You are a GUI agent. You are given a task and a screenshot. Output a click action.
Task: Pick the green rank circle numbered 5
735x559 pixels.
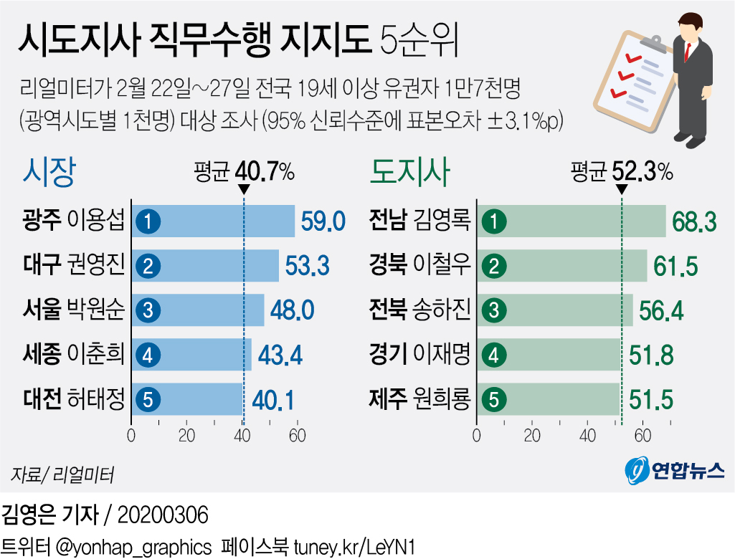(x=493, y=400)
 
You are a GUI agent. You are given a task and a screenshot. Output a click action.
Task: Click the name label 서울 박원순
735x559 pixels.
(x=74, y=311)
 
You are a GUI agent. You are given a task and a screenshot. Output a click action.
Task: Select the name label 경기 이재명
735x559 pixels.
(x=419, y=355)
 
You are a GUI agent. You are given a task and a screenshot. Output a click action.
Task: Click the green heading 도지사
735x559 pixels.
(x=409, y=173)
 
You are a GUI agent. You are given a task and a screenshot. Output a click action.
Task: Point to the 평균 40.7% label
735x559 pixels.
(x=244, y=172)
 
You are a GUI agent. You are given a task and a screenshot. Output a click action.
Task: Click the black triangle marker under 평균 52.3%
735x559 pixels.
(x=622, y=190)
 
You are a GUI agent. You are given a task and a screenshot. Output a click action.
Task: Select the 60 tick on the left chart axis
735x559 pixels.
(x=298, y=436)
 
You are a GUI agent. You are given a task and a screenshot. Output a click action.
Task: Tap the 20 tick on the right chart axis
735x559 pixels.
(x=533, y=436)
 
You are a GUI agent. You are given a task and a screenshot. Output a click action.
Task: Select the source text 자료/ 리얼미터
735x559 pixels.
(x=62, y=474)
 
